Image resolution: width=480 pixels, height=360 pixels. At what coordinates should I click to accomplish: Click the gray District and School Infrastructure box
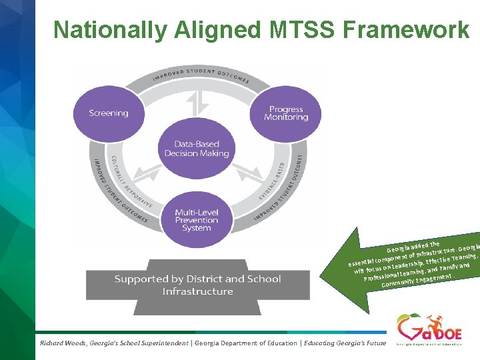(197, 285)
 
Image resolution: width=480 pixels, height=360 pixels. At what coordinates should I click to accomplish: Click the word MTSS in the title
(299, 30)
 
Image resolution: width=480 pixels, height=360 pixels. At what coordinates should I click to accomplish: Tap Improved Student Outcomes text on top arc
(200, 75)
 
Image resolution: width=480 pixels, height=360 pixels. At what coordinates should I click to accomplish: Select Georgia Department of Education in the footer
(246, 343)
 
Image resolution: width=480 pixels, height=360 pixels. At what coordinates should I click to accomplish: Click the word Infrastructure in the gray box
(197, 292)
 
